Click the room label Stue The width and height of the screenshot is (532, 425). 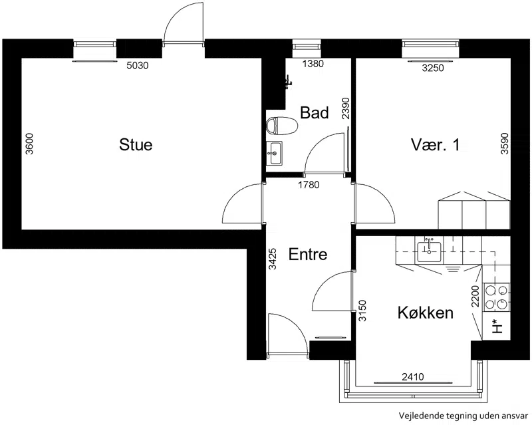136,144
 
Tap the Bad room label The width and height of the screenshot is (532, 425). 315,112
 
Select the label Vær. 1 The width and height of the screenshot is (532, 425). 436,145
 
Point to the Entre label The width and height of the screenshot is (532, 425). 308,254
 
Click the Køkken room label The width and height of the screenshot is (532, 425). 426,313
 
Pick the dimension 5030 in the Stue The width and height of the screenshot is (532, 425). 138,66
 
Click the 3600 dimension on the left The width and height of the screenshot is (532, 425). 30,144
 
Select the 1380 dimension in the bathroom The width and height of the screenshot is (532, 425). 313,64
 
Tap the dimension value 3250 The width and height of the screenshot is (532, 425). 433,69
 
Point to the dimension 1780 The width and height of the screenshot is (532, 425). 309,185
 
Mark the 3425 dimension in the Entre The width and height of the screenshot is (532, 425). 273,259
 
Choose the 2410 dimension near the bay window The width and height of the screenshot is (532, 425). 413,377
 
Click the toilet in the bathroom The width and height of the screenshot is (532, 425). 282,126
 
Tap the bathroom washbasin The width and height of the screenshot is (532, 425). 274,154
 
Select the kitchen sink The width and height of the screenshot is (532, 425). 429,252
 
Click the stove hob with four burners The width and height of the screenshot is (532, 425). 496,297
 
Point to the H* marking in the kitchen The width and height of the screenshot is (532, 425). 496,327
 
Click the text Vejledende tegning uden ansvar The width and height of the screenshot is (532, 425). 464,416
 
